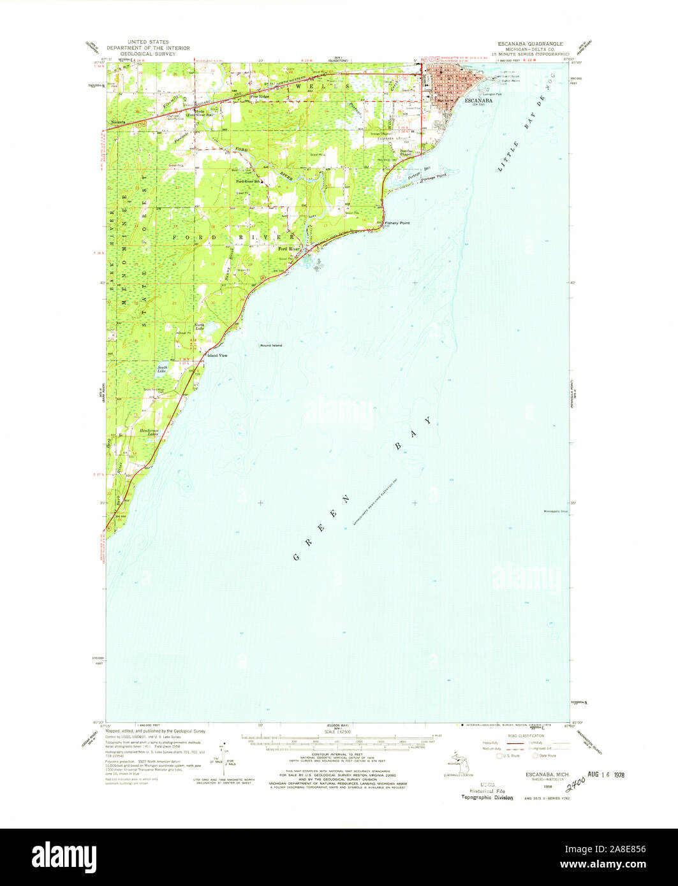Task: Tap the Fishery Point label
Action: [x=397, y=223]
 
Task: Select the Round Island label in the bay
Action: [x=270, y=345]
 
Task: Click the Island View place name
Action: [x=216, y=355]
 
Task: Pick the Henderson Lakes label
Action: [x=149, y=432]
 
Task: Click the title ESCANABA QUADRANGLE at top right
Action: [x=533, y=45]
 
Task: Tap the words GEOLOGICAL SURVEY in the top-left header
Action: [x=148, y=52]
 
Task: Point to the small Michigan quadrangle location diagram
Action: [x=455, y=762]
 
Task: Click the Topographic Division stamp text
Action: [x=487, y=797]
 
